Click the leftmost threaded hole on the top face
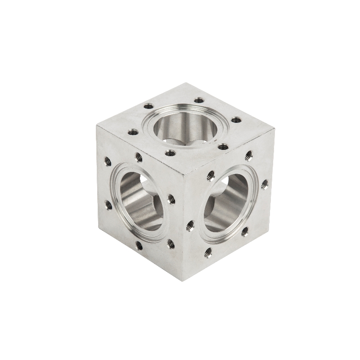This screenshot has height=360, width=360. pyautogui.click(x=133, y=132)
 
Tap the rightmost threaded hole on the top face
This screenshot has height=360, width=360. pyautogui.click(x=235, y=120)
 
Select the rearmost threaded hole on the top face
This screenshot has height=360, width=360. pyautogui.click(x=198, y=101)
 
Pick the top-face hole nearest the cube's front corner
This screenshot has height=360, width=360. pyautogui.click(x=170, y=153)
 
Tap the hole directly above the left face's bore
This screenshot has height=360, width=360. pyautogui.click(x=139, y=157)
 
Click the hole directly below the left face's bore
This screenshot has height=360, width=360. pyautogui.click(x=139, y=245)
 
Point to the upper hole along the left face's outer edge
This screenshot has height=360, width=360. pyautogui.click(x=108, y=161)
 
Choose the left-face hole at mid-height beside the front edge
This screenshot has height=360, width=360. pyautogui.click(x=171, y=198)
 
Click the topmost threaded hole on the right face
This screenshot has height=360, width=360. pyautogui.click(x=249, y=155)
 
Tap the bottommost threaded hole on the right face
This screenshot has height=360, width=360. pyautogui.click(x=208, y=253)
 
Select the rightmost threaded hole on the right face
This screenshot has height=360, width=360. pyautogui.click(x=264, y=184)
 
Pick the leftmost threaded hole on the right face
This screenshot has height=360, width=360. pyautogui.click(x=190, y=225)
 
